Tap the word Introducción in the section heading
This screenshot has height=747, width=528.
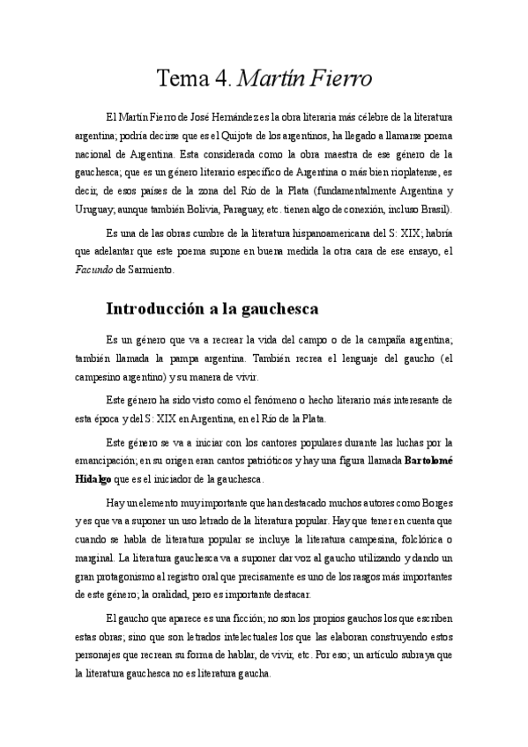click(161, 309)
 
